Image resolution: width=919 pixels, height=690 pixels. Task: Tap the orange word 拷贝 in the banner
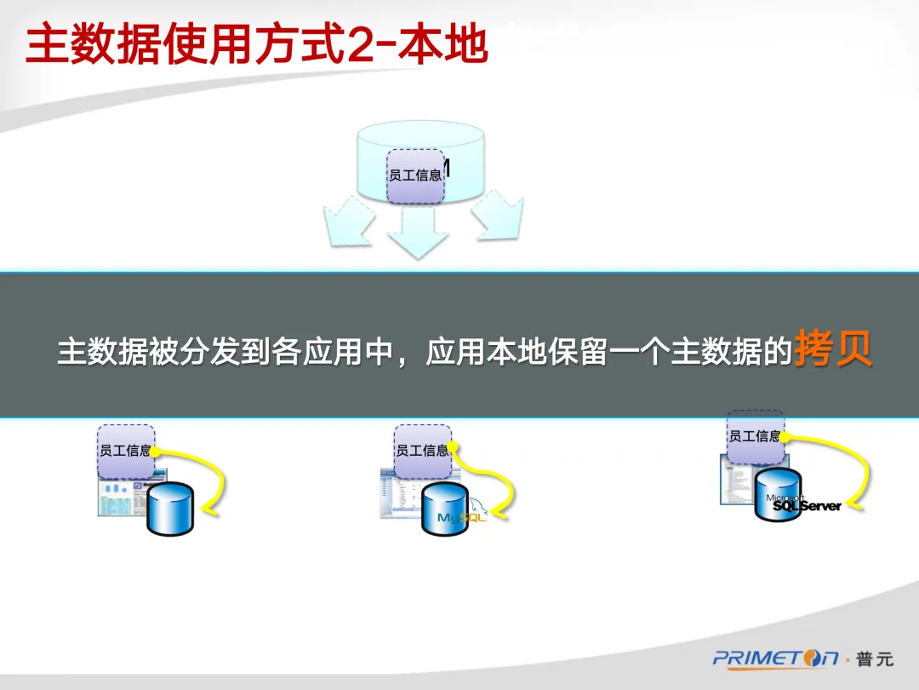(833, 350)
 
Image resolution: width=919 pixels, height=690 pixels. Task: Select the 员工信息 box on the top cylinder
(415, 175)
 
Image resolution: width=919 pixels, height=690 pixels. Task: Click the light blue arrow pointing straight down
(419, 233)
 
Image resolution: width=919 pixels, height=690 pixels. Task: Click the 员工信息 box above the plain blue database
(125, 451)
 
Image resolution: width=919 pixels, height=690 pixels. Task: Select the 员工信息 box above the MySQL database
(421, 451)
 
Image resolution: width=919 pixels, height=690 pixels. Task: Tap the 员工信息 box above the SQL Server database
(755, 436)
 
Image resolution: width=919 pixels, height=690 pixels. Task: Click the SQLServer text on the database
(807, 506)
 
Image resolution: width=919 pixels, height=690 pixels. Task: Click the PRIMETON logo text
(775, 658)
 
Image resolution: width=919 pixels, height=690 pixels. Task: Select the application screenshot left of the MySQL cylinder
(400, 498)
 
